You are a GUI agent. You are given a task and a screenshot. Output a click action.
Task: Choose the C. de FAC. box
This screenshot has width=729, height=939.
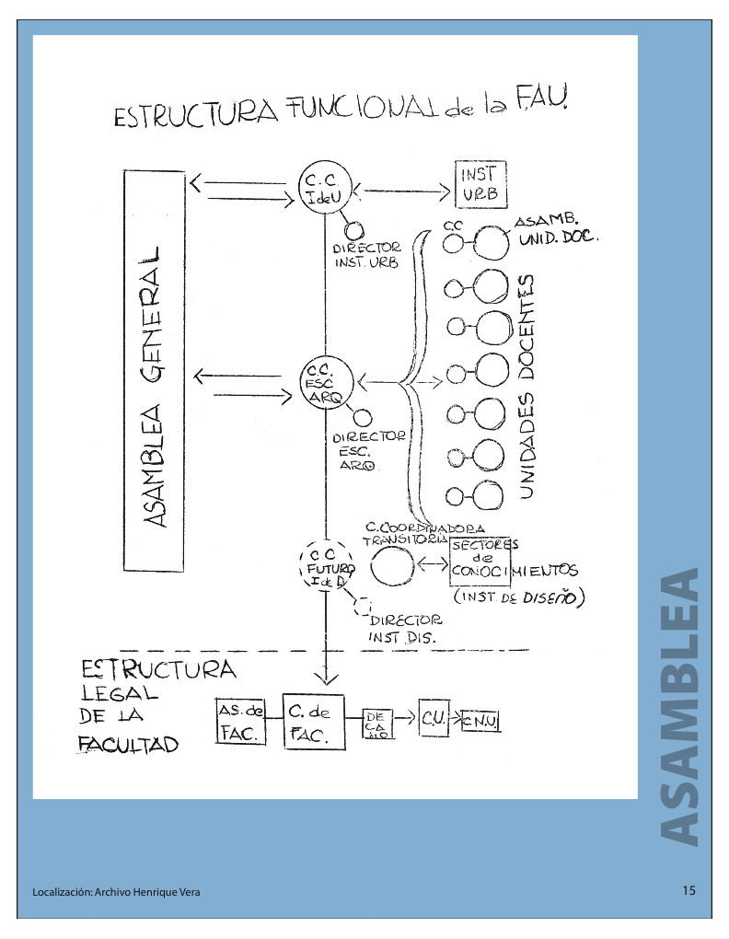click(x=313, y=721)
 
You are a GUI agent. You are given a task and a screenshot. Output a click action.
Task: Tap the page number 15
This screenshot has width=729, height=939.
click(x=689, y=890)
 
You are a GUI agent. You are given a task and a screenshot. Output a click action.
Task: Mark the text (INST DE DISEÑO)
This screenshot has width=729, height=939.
click(x=520, y=598)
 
